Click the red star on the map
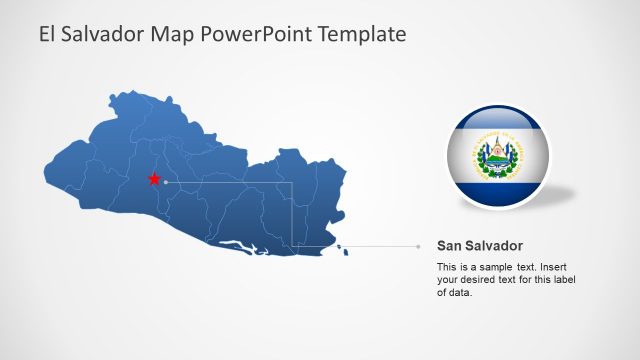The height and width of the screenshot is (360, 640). (154, 179)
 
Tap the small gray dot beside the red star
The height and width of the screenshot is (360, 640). (166, 182)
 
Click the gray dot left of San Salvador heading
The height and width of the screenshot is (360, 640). (418, 246)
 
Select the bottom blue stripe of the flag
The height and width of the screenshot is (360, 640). (496, 192)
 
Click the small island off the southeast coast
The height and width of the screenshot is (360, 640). (347, 251)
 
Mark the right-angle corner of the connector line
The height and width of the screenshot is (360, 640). (291, 182)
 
